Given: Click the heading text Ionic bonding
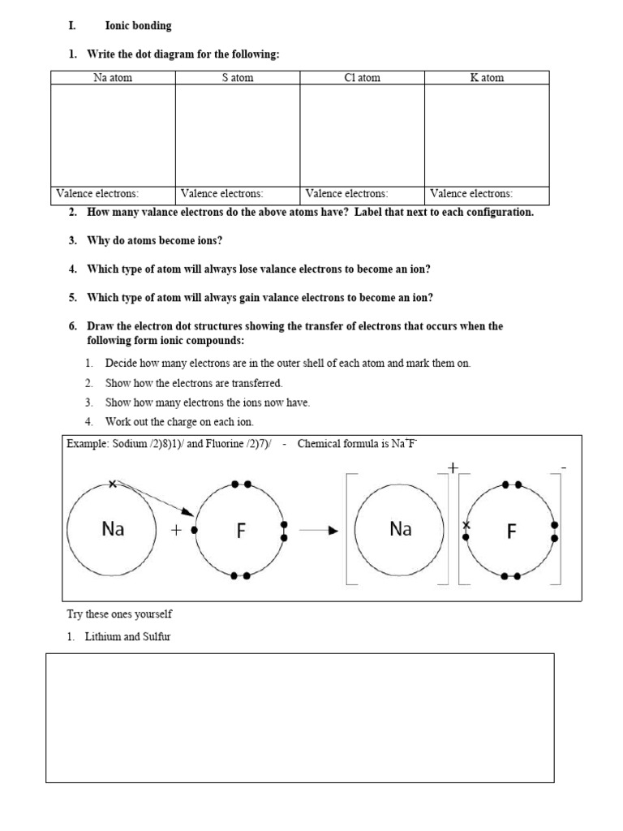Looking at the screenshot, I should [138, 26].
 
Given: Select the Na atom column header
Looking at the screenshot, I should [113, 78].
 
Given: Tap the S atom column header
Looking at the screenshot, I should [237, 78].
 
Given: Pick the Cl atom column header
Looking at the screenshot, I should [362, 78].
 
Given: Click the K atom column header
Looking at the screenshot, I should [487, 78].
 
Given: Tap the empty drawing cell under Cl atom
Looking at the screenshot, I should [362, 135].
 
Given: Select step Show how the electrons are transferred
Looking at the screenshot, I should [194, 383].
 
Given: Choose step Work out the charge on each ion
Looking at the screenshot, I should [179, 422].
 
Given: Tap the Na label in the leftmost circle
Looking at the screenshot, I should [112, 530].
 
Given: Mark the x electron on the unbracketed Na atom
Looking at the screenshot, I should [112, 484].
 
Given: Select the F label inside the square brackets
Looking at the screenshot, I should [511, 532].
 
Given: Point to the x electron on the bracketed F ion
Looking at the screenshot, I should [466, 524].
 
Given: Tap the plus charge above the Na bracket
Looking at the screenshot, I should [452, 467].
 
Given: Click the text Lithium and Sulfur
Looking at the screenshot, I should [127, 637].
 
